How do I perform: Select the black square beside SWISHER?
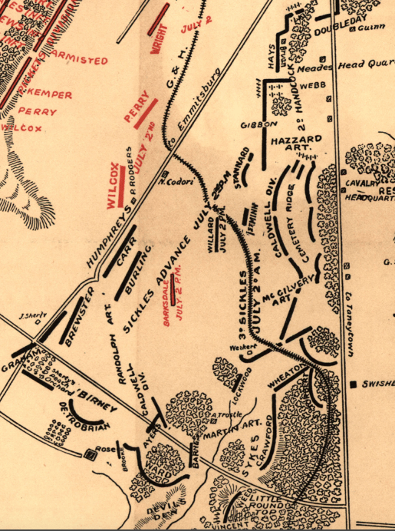[354, 383]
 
